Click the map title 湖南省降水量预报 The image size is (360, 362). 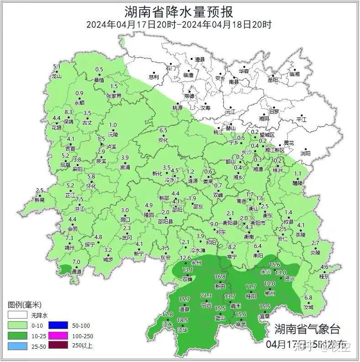pos(179,11)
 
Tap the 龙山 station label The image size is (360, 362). pos(57,76)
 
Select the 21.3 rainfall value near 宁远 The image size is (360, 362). pos(206,295)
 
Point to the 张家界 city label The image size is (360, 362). pos(114,96)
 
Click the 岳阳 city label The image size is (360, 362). pos(273,80)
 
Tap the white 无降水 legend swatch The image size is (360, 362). pos(17,315)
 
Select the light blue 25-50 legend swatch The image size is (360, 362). pos(17,345)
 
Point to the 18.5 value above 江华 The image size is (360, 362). pos(182,320)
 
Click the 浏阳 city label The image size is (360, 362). pos(306,154)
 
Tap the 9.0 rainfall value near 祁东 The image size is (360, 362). pos(214,224)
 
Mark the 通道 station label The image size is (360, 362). pos(77,271)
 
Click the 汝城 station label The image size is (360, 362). pos(309,307)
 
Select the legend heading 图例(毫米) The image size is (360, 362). pos(25,304)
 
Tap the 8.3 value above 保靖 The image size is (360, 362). pos(69,112)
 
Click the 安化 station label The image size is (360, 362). pos(163,140)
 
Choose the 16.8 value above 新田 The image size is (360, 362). pos(220,277)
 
